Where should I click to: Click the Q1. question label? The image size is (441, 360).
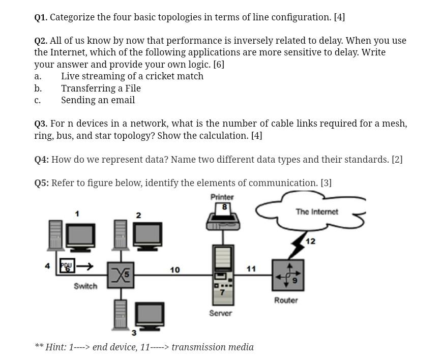[x=41, y=17]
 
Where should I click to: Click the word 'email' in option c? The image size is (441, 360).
[x=123, y=100]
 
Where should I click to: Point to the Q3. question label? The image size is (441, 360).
[x=41, y=124]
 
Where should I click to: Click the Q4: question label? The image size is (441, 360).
[x=41, y=160]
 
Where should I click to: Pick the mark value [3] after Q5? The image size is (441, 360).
[x=326, y=183]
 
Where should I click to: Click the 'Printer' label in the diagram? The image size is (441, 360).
[x=222, y=197]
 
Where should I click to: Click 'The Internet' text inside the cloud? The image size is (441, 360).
[x=316, y=212]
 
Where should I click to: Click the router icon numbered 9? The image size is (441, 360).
[x=287, y=275]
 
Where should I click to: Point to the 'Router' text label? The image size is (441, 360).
[x=286, y=301]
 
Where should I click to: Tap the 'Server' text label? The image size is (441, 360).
[x=220, y=313]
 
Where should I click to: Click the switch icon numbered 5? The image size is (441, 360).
[x=120, y=275]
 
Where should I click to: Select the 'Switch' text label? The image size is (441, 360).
[x=85, y=286]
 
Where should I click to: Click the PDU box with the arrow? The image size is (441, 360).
[x=67, y=265]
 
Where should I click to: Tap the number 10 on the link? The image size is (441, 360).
[x=174, y=270]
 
